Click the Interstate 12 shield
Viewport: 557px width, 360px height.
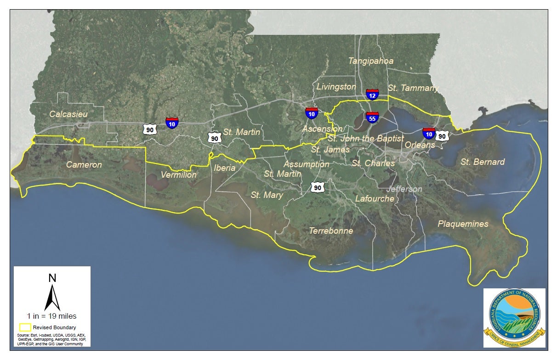tap(372, 95)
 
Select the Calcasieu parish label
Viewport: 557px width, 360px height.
tap(68, 113)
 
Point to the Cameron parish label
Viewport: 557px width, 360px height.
tap(84, 164)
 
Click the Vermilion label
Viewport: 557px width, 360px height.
tap(179, 175)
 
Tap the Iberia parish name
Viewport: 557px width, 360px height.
tap(225, 168)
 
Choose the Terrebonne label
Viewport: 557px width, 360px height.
tap(331, 231)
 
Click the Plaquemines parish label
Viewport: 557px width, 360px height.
tap(463, 224)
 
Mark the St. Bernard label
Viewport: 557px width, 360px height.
tap(483, 162)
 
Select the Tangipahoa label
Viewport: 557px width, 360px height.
tap(371, 61)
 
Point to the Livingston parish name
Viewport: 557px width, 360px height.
tap(336, 86)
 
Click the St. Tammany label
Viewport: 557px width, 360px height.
tap(413, 88)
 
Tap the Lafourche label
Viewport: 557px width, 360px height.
tap(375, 198)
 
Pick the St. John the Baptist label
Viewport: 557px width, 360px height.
tap(365, 138)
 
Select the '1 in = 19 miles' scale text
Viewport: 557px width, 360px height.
tap(52, 316)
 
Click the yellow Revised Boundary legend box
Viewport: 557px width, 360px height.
tap(24, 327)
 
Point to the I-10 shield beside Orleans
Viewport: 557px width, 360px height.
tap(429, 134)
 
